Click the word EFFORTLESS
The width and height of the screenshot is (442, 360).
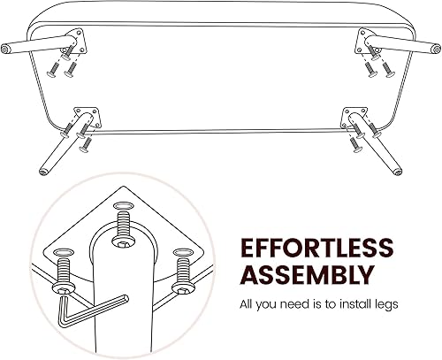315,246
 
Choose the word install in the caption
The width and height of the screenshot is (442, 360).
354,305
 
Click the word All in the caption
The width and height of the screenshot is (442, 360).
248,305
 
